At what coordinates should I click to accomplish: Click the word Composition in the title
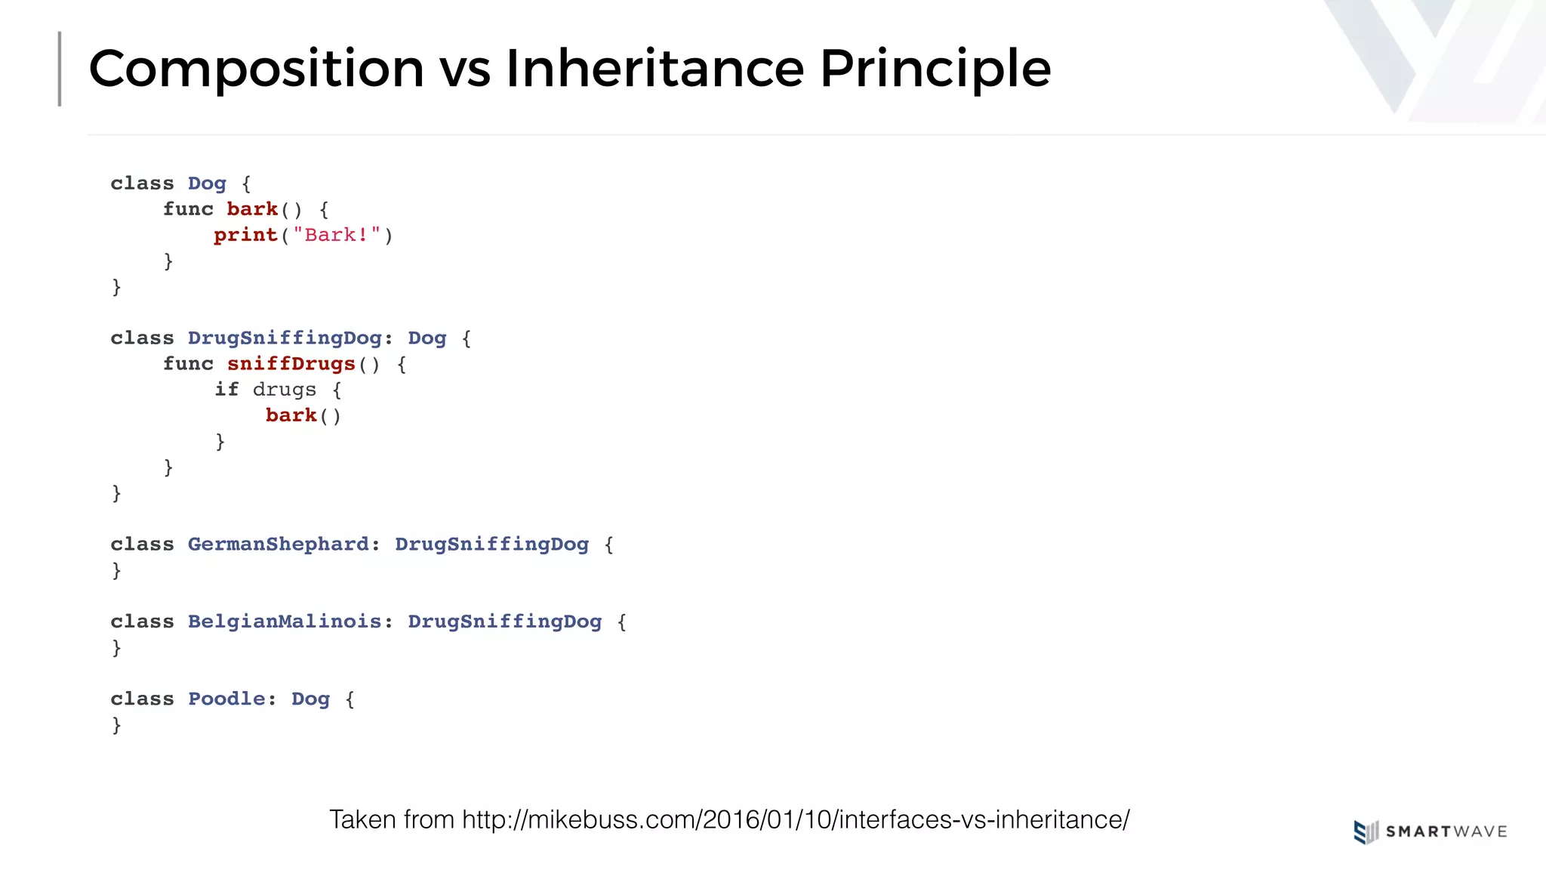click(x=257, y=69)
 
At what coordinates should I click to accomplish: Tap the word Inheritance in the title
click(x=654, y=69)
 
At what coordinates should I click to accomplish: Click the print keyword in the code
click(x=245, y=235)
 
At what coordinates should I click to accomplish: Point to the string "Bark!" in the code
click(x=337, y=235)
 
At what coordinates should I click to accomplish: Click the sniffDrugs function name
click(x=291, y=364)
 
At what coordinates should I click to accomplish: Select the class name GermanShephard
click(x=279, y=545)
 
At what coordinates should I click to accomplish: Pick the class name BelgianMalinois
click(x=285, y=622)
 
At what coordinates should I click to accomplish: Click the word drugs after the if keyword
click(x=285, y=390)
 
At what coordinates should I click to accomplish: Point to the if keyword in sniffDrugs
click(x=226, y=390)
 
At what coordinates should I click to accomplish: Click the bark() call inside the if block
click(x=303, y=415)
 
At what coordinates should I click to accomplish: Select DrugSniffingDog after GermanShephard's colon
click(x=491, y=545)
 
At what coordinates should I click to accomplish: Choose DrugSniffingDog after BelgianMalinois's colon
click(x=504, y=622)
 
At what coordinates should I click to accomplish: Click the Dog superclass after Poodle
click(x=310, y=699)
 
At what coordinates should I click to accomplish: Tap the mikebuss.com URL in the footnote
click(x=796, y=819)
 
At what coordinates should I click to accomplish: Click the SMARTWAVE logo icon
click(x=1365, y=831)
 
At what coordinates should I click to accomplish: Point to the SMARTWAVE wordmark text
click(x=1446, y=831)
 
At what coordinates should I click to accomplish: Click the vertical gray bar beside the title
click(x=60, y=69)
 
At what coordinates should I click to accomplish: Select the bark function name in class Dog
click(x=252, y=209)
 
